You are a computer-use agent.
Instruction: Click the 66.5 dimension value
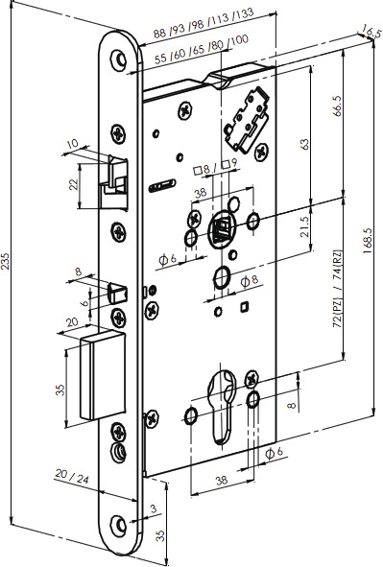[x=336, y=106]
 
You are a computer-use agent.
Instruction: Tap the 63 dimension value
[x=304, y=143]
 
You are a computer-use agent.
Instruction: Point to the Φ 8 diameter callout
[x=249, y=280]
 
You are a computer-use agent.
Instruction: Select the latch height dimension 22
[x=74, y=182]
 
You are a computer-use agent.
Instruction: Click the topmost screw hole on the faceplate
[x=120, y=59]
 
